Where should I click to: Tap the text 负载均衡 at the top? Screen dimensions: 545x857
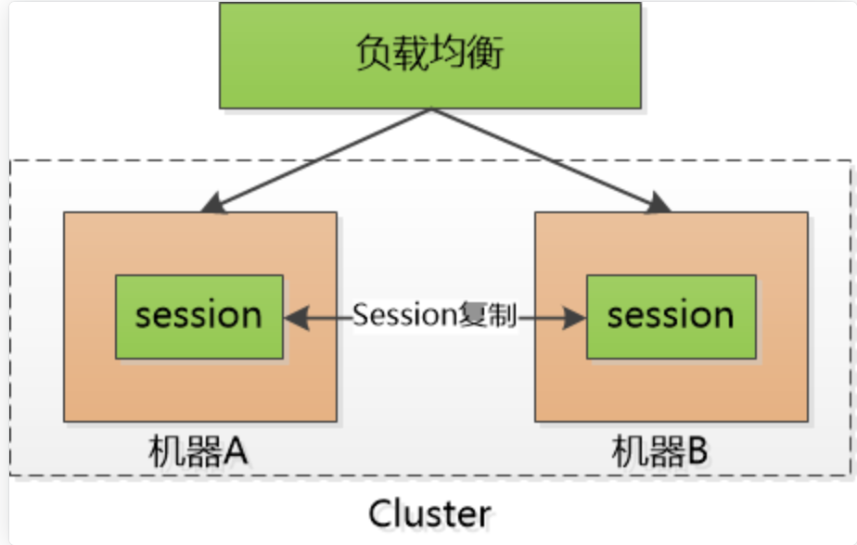(429, 55)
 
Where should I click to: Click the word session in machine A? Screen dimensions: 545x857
(199, 316)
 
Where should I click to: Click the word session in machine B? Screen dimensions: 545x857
(671, 316)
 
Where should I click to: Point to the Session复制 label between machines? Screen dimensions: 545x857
(435, 315)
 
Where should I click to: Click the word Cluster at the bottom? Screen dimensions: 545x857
(429, 513)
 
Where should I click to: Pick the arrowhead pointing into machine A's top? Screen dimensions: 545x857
(209, 204)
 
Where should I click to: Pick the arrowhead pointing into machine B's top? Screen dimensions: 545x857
(659, 204)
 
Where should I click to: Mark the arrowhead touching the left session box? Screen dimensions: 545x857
(294, 318)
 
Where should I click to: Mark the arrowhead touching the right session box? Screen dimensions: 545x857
(576, 318)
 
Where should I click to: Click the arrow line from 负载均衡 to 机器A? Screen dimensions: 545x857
(320, 156)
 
